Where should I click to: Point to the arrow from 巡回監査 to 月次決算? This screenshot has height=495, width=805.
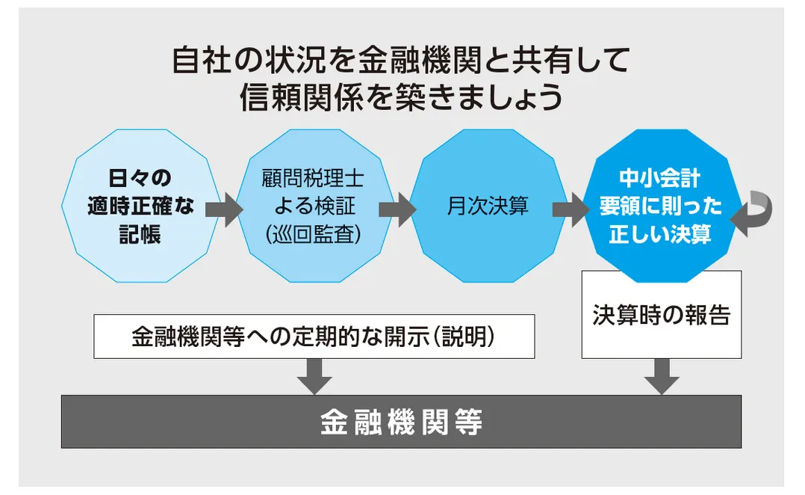tap(397, 209)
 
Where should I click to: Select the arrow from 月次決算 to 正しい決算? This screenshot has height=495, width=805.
tap(571, 209)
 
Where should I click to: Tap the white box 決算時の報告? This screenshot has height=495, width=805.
tap(661, 315)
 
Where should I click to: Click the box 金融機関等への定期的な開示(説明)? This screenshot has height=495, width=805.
tap(314, 336)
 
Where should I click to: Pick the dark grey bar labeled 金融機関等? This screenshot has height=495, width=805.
tap(401, 422)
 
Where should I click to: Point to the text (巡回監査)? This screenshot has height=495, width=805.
tap(313, 233)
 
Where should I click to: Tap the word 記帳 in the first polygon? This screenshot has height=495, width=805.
tap(140, 234)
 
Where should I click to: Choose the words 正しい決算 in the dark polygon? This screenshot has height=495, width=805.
tap(660, 234)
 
